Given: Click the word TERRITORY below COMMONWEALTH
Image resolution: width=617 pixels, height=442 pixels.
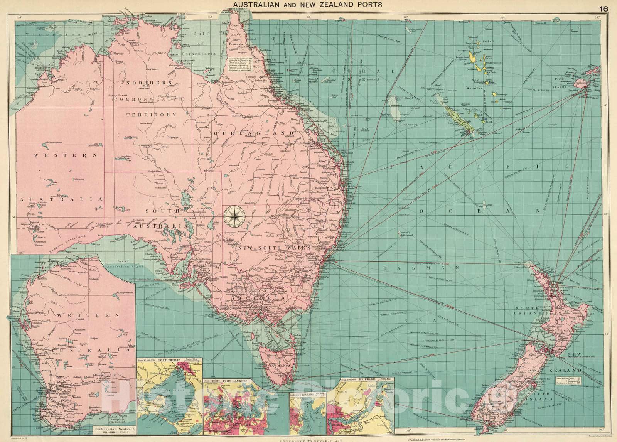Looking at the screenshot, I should [x=152, y=115].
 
